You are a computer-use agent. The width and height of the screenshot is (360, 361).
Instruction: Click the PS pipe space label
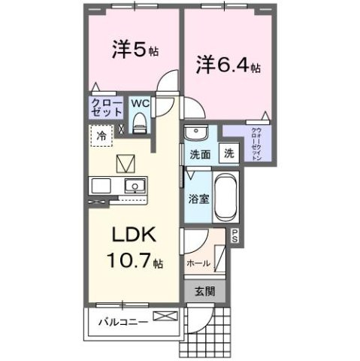point(234,235)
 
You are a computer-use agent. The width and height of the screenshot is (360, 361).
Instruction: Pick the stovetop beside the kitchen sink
point(101,185)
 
